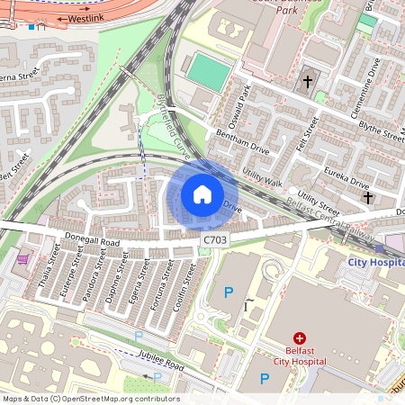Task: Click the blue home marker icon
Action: point(202,193)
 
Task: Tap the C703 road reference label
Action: point(215,239)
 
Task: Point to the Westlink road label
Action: point(86,17)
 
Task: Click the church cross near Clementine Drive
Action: point(307,82)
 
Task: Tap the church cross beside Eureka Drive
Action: point(367,196)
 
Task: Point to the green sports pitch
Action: point(208,69)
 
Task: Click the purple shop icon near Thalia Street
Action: point(22,260)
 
